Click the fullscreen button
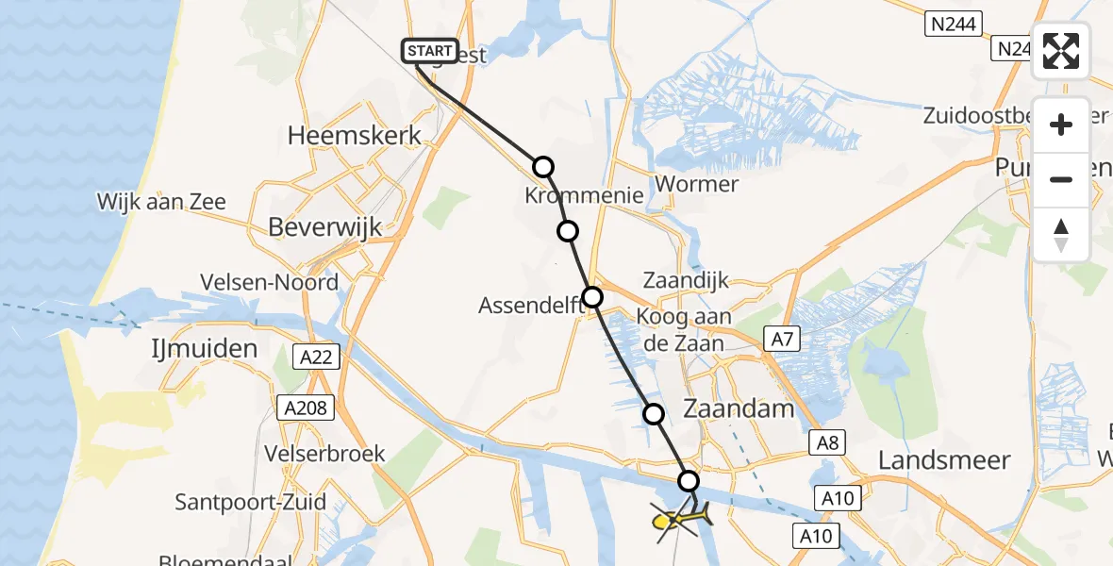click(1061, 51)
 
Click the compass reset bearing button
click(1061, 235)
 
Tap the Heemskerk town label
click(355, 136)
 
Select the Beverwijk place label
click(325, 227)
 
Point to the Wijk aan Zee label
click(161, 202)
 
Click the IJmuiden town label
click(204, 349)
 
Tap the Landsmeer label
click(944, 460)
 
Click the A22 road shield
click(316, 356)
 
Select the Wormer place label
click(697, 184)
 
